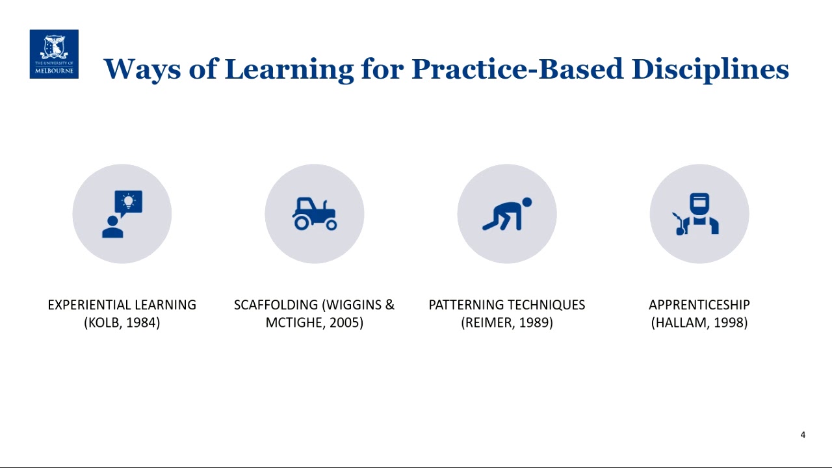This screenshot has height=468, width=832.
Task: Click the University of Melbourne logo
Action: pos(54,54)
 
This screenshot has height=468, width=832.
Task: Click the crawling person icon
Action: pos(507,214)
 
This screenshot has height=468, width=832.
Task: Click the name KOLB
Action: pos(103,322)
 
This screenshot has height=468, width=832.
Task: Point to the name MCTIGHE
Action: pos(295,322)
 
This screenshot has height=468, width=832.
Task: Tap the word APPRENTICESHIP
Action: pos(699,305)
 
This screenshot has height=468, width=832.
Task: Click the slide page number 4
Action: pos(803,435)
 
